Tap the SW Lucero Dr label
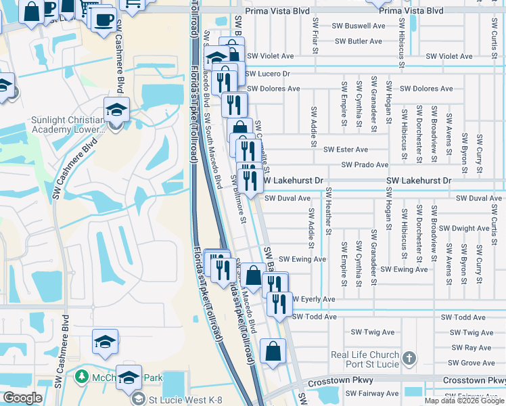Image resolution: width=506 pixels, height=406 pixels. pyautogui.click(x=267, y=73)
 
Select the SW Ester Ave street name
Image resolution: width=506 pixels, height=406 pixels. pyautogui.click(x=346, y=150)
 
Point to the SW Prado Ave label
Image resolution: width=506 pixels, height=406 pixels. pyautogui.click(x=365, y=164)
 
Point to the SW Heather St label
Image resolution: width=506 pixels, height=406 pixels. pyautogui.click(x=328, y=211)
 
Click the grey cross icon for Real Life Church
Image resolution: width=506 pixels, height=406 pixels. pyautogui.click(x=408, y=357)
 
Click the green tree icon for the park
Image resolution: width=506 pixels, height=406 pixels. pyautogui.click(x=83, y=376)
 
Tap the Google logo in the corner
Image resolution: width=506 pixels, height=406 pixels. pyautogui.click(x=23, y=398)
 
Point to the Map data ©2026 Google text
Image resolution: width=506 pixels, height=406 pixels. pyautogui.click(x=464, y=401)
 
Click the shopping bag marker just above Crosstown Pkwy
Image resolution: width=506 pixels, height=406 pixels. pyautogui.click(x=273, y=352)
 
